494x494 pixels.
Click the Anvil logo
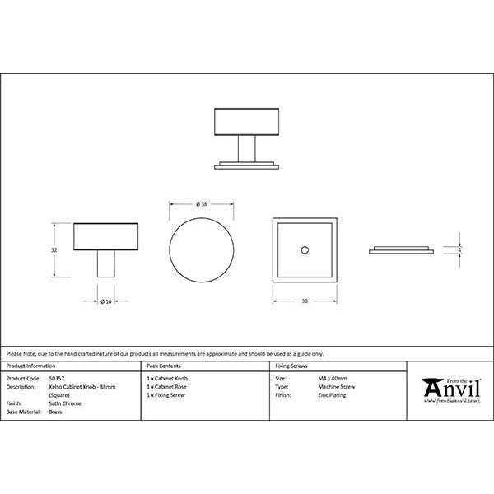click(448, 391)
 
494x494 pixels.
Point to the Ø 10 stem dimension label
click(106, 301)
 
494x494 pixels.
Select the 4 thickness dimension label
click(460, 249)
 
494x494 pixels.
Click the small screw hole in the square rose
click(305, 249)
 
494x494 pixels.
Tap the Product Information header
click(31, 365)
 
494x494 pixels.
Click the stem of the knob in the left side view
click(106, 264)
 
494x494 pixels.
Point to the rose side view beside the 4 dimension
click(399, 249)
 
